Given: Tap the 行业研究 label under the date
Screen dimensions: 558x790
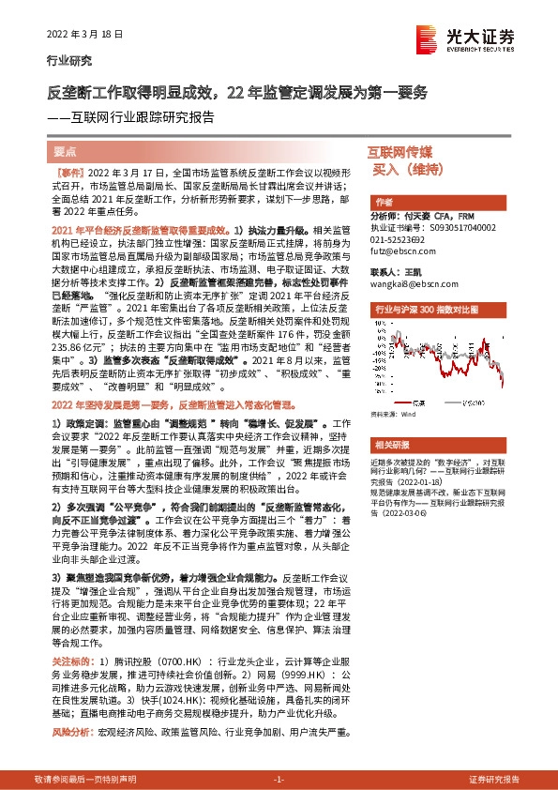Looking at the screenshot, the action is click(69, 62).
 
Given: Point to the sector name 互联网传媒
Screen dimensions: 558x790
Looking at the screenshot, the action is click(400, 151).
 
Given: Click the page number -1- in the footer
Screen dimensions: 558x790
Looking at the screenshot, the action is click(278, 780).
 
